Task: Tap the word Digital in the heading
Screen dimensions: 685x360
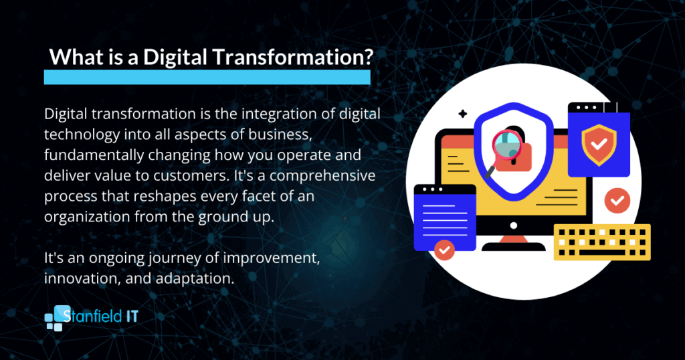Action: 175,58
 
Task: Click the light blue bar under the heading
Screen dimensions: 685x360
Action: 207,77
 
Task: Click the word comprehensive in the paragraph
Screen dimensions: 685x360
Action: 322,175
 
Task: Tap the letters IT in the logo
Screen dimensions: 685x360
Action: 132,316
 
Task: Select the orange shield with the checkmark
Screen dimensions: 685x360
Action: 599,145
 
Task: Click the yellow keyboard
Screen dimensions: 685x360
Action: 602,242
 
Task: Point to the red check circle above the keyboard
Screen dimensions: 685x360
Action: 617,201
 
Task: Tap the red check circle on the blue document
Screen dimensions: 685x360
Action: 444,250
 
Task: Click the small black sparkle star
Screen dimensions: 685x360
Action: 463,114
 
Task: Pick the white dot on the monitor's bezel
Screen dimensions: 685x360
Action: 514,226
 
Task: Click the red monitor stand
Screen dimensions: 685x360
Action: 514,239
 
